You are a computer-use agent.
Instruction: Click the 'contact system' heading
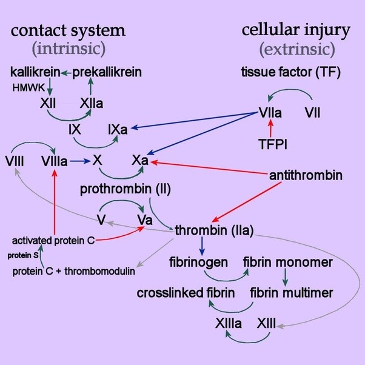(x=69, y=30)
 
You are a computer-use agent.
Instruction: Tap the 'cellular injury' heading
(x=296, y=30)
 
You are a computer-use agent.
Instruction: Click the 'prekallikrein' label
(x=107, y=72)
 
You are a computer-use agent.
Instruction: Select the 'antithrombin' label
(x=306, y=176)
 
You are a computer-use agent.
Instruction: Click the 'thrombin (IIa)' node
(x=213, y=230)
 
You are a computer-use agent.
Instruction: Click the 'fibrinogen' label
(x=199, y=262)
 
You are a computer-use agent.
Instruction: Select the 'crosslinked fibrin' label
(x=186, y=293)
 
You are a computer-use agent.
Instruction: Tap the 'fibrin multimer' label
(x=292, y=293)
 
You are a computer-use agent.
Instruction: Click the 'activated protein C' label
(x=53, y=241)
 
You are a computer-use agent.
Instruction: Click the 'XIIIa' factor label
(x=228, y=322)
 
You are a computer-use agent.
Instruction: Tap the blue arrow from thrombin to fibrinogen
(x=202, y=246)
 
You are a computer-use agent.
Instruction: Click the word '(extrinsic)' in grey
(x=296, y=49)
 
